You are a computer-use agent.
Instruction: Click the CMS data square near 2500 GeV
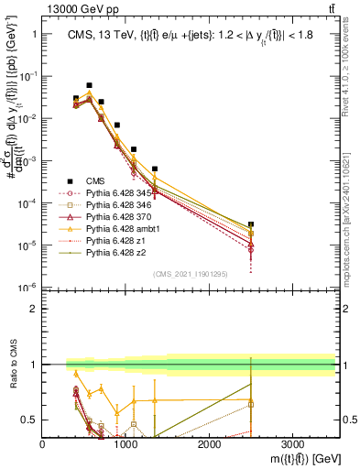(251, 224)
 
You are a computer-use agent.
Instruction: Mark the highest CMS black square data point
(89, 85)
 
